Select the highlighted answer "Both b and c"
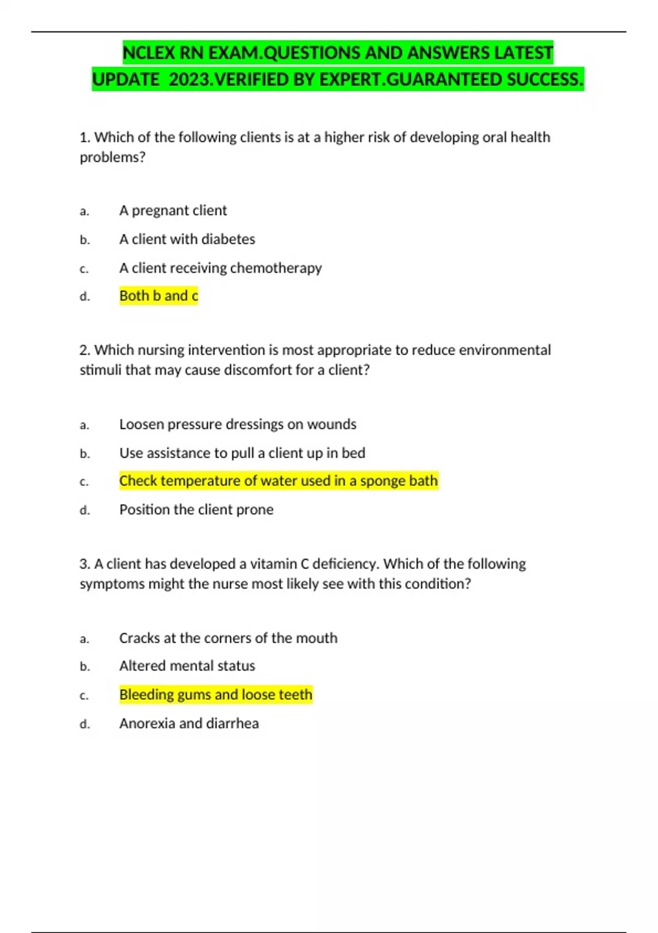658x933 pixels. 158,296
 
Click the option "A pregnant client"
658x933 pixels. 173,211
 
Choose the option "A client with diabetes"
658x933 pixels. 187,239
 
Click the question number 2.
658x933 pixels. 84,350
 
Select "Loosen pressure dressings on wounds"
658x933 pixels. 237,424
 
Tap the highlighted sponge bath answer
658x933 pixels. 279,481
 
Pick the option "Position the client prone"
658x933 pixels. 196,510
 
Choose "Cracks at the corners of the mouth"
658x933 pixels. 228,638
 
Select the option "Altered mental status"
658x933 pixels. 187,666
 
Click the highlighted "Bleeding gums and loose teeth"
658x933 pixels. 215,695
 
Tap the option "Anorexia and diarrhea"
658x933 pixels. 189,723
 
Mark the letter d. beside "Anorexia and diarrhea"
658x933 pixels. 84,724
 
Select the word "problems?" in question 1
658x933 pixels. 112,158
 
